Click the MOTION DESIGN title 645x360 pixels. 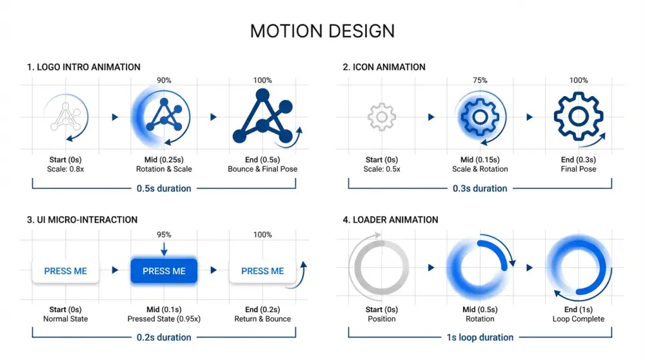pos(322,31)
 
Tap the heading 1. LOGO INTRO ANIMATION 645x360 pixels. pos(83,67)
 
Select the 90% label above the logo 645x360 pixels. pos(164,80)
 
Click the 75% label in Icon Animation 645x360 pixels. pos(480,80)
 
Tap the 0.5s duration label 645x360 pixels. pos(164,188)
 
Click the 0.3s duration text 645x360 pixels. pos(480,188)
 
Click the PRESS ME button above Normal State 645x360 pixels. pos(65,271)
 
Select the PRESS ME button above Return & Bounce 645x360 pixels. pos(263,271)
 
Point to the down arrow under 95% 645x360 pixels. pos(164,249)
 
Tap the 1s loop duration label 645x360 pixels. pos(480,337)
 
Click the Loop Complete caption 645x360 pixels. pos(579,319)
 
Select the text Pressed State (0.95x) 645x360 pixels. pos(164,319)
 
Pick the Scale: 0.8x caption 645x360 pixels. pos(65,169)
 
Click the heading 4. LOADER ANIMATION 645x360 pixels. pos(390,220)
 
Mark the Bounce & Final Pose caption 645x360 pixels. pos(263,169)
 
